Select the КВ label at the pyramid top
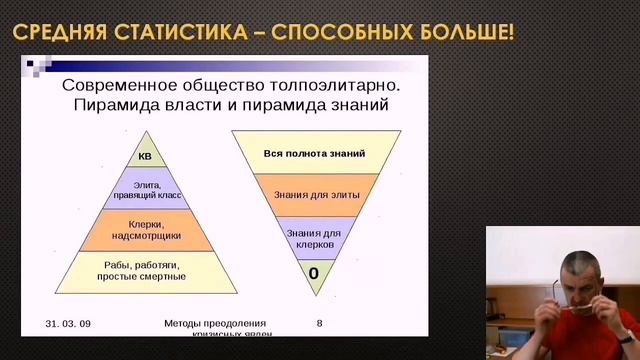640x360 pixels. point(145,156)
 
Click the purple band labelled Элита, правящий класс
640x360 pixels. point(145,189)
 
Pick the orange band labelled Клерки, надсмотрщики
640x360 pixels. point(145,229)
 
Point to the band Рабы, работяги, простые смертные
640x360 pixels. point(145,270)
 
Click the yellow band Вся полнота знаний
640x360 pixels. point(313,153)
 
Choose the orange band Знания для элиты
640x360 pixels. point(313,195)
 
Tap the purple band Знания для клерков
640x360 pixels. point(313,237)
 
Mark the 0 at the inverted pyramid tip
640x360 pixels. point(313,272)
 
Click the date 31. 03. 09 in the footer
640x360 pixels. point(68,324)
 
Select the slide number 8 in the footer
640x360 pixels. point(319,324)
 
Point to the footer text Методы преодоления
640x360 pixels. point(215,324)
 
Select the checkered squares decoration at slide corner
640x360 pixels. point(37,67)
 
